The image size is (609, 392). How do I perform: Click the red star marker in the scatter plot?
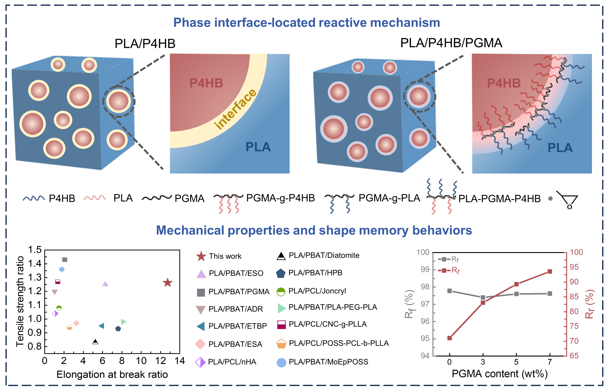(x=167, y=283)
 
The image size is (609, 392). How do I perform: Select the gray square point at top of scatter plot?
(x=65, y=260)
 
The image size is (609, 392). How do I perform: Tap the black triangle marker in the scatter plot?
(x=95, y=342)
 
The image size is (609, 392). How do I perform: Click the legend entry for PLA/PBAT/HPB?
(x=315, y=273)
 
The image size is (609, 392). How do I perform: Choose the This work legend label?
(x=225, y=256)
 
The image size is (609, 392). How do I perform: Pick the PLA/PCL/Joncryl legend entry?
(x=317, y=291)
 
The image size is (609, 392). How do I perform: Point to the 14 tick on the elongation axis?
(x=180, y=361)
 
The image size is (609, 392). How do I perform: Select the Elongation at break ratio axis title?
(x=112, y=374)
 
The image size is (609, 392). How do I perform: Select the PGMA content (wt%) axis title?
(x=500, y=374)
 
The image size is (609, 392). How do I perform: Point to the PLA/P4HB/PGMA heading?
(x=451, y=43)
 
